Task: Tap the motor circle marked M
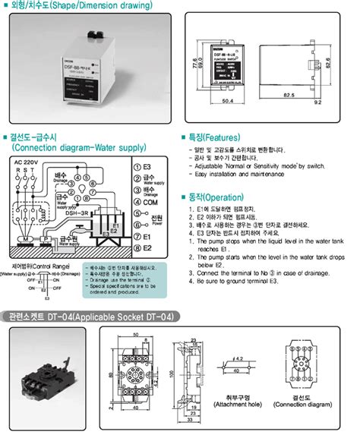(x=24, y=238)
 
